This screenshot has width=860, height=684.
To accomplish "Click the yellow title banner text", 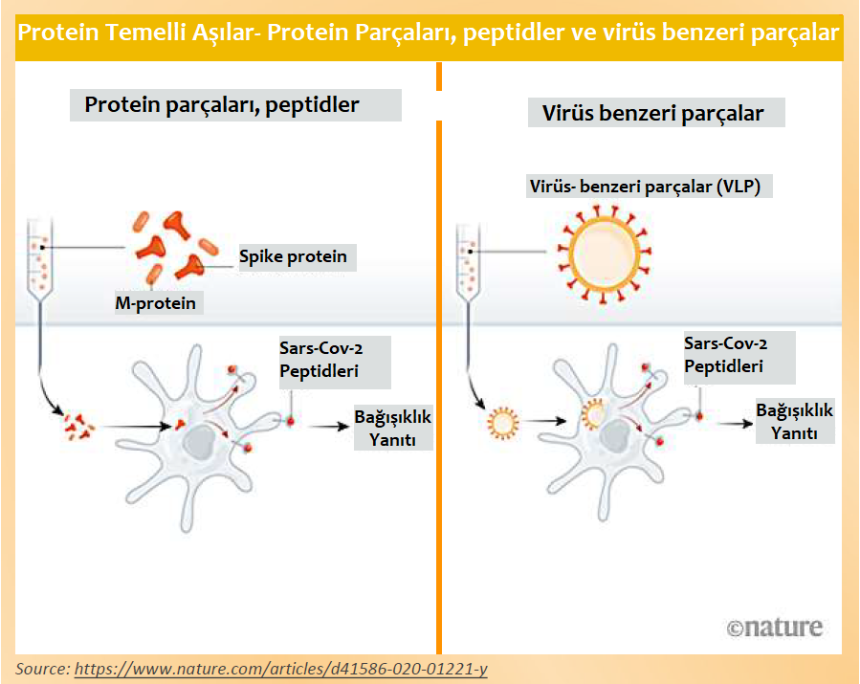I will click(430, 33).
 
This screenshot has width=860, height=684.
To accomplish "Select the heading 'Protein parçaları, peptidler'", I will click(222, 105).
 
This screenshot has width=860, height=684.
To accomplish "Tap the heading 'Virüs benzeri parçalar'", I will click(653, 113).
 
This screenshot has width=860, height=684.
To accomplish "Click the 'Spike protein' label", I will click(293, 256).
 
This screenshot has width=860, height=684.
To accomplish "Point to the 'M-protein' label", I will click(155, 303).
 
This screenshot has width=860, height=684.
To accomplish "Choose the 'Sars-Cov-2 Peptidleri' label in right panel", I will click(725, 355).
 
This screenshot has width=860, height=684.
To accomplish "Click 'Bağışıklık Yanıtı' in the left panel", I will click(393, 428).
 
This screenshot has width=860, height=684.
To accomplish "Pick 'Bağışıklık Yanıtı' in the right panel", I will click(794, 421).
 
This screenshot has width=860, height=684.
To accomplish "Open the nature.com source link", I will click(280, 668).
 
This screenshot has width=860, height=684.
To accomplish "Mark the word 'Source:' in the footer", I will click(42, 668).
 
